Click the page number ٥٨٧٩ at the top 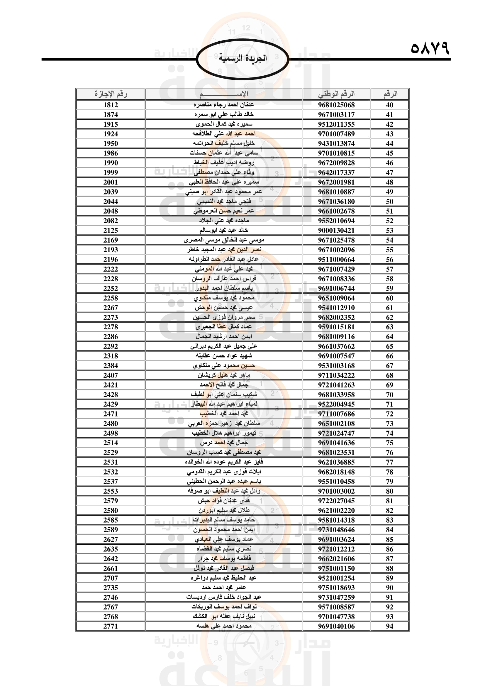click(x=430, y=48)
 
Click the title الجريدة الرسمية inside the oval click(x=242, y=58)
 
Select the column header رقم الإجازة click(x=111, y=94)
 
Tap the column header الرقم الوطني click(x=336, y=94)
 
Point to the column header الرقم click(x=390, y=94)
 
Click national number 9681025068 click(x=336, y=105)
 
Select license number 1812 click(x=111, y=105)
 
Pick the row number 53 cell click(x=389, y=230)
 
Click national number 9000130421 click(x=336, y=230)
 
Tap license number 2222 click(x=111, y=269)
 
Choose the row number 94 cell click(x=389, y=626)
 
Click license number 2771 click(x=111, y=626)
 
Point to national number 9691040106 click(x=336, y=626)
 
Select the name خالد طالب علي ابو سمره click(x=224, y=114)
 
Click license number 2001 click(x=111, y=182)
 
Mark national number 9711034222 click(x=336, y=375)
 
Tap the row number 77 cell click(x=389, y=462)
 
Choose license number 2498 click(x=111, y=433)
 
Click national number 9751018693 click(x=336, y=587)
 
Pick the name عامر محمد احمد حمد click(x=224, y=587)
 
